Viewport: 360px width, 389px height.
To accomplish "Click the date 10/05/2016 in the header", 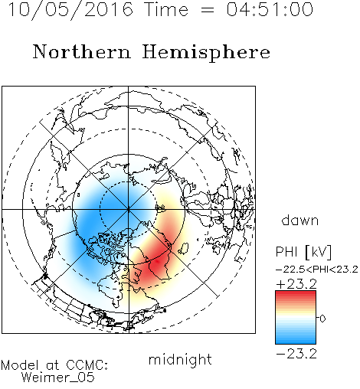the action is [x=70, y=10].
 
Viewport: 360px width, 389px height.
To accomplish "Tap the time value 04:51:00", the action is [x=270, y=9].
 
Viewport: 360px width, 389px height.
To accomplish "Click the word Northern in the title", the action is [x=82, y=51].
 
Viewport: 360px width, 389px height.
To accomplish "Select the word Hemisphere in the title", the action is [x=206, y=53].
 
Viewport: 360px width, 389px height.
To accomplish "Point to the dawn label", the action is [x=300, y=221].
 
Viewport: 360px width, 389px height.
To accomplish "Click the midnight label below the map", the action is [x=180, y=360].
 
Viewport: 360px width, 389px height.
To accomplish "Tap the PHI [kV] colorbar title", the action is [x=303, y=252].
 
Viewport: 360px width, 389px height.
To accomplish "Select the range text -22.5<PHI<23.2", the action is [x=317, y=270].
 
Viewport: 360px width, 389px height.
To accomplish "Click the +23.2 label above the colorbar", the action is [x=296, y=284].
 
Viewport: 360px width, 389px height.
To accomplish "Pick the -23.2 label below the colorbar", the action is [x=296, y=354].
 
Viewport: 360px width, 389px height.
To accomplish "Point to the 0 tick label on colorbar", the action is [x=322, y=319].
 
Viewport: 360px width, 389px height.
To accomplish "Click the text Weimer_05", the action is [x=58, y=378].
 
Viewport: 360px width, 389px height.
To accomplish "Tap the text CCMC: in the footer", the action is [x=87, y=365].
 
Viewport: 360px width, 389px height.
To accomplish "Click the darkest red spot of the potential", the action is [x=157, y=261].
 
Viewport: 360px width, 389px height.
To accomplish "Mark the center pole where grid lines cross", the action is [x=129, y=209].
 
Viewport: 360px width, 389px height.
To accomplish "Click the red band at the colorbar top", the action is [x=296, y=293].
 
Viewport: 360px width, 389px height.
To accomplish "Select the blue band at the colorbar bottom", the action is [x=296, y=341].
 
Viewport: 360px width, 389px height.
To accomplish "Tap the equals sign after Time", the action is [x=207, y=10].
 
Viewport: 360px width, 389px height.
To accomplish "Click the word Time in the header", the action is [x=166, y=9].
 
